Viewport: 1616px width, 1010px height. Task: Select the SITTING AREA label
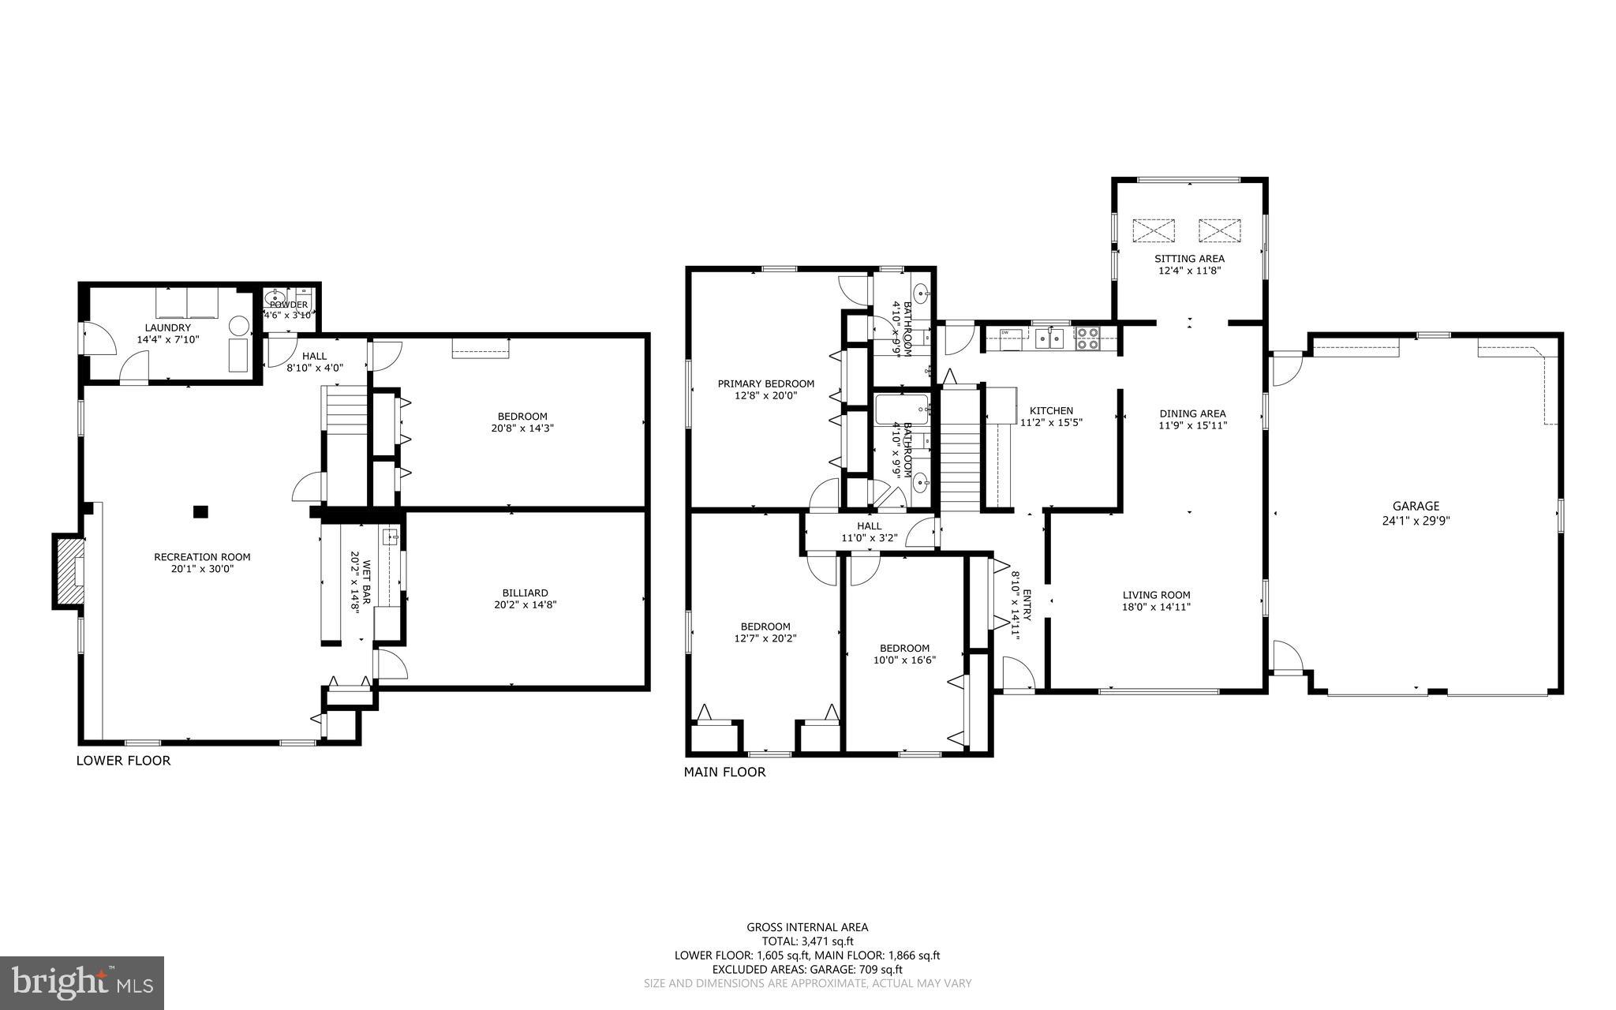click(x=1189, y=259)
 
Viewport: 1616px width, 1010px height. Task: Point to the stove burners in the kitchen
click(x=1086, y=338)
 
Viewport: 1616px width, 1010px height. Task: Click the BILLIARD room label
click(x=525, y=593)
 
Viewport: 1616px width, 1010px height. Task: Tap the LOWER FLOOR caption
click(x=123, y=761)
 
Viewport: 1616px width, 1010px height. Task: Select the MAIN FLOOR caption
click(x=724, y=772)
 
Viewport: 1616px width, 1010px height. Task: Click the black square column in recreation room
click(x=201, y=511)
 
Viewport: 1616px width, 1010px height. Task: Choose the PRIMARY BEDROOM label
click(x=765, y=383)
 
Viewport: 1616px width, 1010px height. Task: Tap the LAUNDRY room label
click(x=167, y=327)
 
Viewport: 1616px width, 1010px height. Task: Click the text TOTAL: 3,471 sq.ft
click(x=807, y=941)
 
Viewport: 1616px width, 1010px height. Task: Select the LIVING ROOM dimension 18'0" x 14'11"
click(x=1157, y=607)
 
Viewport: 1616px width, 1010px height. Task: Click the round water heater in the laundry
click(x=238, y=325)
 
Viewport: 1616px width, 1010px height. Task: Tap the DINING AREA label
click(x=1192, y=413)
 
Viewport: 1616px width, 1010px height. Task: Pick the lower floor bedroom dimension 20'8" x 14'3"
click(x=522, y=428)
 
